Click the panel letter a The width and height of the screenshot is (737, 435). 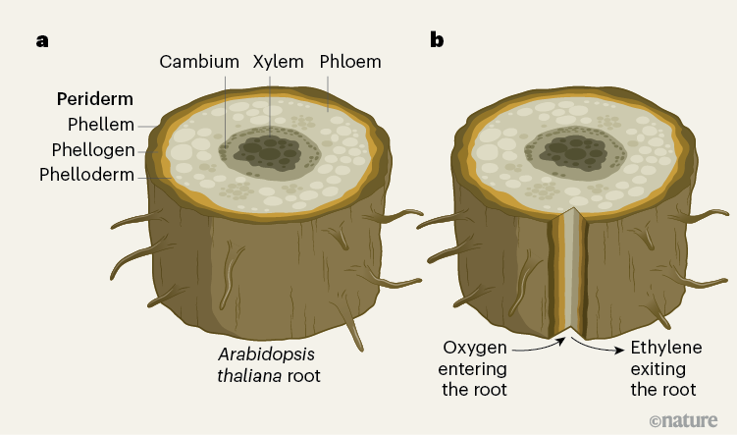coord(42,40)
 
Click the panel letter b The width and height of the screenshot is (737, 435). coord(437,40)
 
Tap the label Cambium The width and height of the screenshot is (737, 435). coord(199,62)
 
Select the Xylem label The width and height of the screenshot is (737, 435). coord(278,62)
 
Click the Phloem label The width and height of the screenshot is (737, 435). coord(350,62)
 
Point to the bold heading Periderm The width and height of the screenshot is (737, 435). coord(94,99)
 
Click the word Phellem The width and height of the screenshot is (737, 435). coord(101,125)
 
